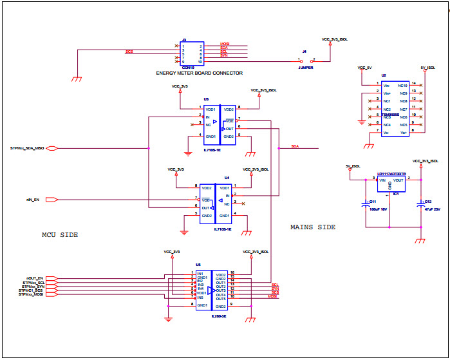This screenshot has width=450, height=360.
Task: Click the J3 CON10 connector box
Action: (x=191, y=53)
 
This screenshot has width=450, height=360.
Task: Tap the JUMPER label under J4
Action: (x=305, y=67)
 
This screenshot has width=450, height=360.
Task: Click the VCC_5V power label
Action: (x=364, y=67)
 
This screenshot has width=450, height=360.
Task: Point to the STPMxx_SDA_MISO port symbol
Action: (x=53, y=148)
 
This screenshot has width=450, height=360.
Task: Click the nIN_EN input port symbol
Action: (x=54, y=200)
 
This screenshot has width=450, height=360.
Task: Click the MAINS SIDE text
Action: (x=313, y=227)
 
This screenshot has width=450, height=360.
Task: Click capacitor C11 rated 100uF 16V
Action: (x=367, y=205)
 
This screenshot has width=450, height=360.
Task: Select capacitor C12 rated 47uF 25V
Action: (x=421, y=205)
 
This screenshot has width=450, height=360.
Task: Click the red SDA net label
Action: (x=295, y=146)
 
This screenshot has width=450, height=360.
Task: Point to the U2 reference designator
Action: (x=384, y=75)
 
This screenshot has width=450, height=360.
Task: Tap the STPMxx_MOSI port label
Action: (x=31, y=294)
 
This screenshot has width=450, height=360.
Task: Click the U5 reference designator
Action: (x=198, y=265)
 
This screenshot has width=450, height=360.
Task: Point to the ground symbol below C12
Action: (x=420, y=240)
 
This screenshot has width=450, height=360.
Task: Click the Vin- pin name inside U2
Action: (x=387, y=85)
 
